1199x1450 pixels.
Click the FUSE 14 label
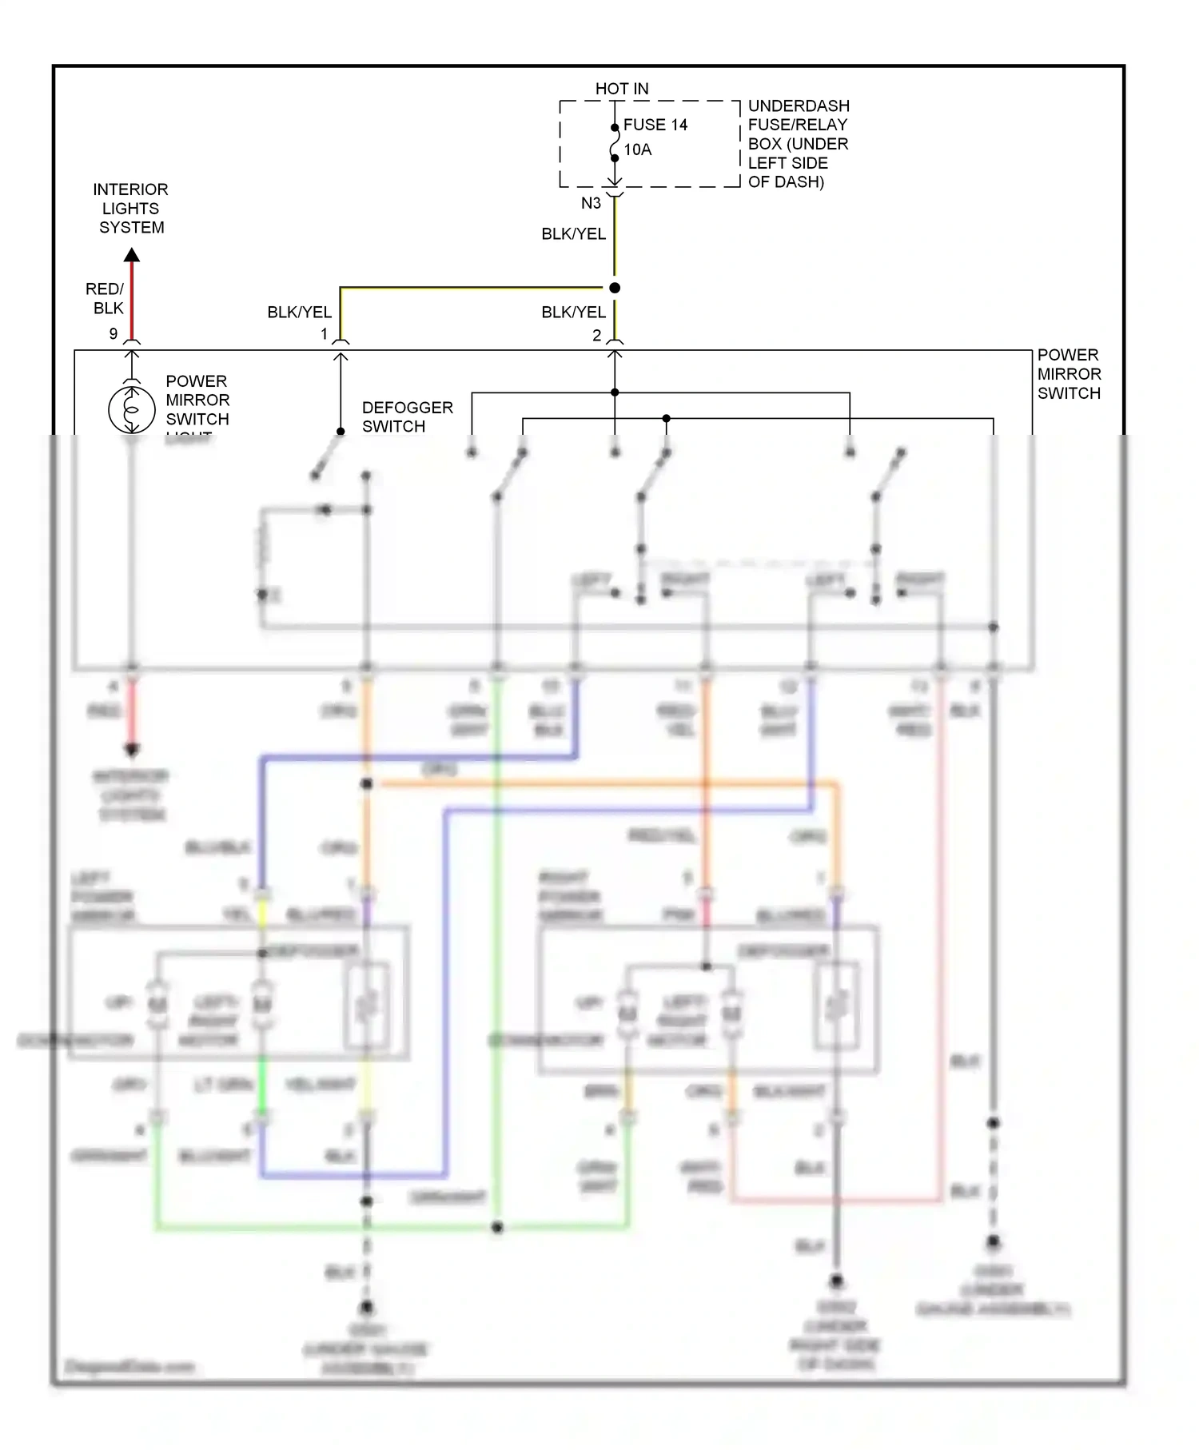(x=655, y=125)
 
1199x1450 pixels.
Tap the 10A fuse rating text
(x=637, y=149)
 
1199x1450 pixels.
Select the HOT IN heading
(x=622, y=89)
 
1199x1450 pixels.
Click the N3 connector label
(x=591, y=203)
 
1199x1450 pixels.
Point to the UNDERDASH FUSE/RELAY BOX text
(x=797, y=144)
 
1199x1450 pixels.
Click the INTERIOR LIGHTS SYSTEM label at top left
(x=131, y=209)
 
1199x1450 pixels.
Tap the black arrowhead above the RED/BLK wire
(x=132, y=256)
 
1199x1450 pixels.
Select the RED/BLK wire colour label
(x=106, y=298)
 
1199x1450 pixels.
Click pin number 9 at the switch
(x=114, y=333)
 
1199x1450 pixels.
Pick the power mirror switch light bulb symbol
(x=132, y=408)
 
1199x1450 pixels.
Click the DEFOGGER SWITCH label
(x=407, y=416)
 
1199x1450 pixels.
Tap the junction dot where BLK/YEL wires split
(x=615, y=288)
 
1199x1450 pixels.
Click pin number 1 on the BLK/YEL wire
(x=325, y=334)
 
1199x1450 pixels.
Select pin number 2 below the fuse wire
(x=596, y=336)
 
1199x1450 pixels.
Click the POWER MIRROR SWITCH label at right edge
(x=1069, y=374)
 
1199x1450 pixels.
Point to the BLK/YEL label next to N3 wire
(x=573, y=234)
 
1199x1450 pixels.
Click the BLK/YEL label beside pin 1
(x=299, y=313)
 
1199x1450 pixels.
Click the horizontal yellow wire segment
(x=472, y=288)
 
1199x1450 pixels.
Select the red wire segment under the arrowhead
(x=132, y=300)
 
